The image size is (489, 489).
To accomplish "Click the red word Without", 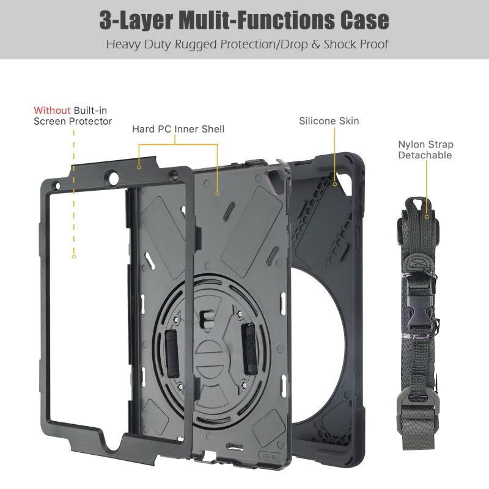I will [x=52, y=111].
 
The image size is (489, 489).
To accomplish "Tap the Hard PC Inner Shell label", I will [x=178, y=129].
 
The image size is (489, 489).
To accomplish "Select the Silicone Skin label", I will [x=329, y=121].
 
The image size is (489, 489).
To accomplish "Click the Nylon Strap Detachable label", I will [x=425, y=150].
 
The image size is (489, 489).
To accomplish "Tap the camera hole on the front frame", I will [x=112, y=179].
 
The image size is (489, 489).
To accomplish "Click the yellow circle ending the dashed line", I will [x=74, y=257].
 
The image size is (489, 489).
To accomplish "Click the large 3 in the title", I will [x=109, y=20].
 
